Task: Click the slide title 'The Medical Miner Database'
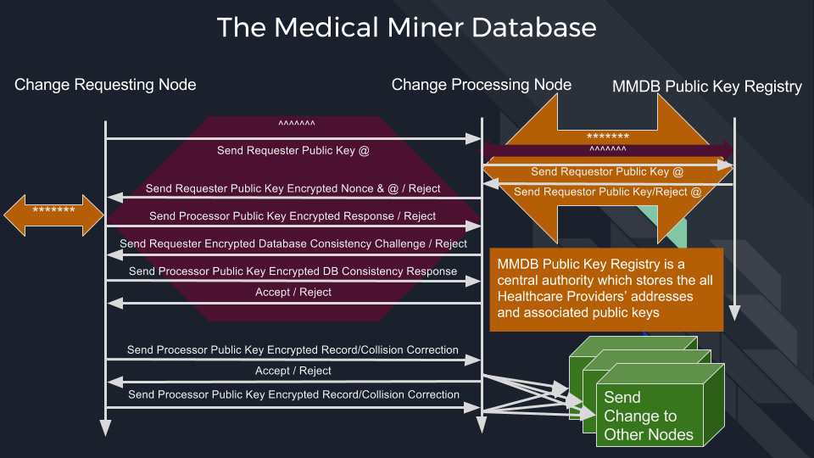pyautogui.click(x=406, y=27)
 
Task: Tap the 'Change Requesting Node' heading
pyautogui.click(x=105, y=85)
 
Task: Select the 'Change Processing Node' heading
pyautogui.click(x=482, y=85)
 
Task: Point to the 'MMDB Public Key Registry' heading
pyautogui.click(x=707, y=87)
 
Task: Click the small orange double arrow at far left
pyautogui.click(x=53, y=215)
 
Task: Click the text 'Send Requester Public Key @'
pyautogui.click(x=293, y=151)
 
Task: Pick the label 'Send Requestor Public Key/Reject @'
pyautogui.click(x=607, y=193)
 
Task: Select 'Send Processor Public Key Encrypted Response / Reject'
pyautogui.click(x=293, y=216)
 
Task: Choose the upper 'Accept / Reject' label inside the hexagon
pyautogui.click(x=293, y=293)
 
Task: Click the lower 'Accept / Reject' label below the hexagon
pyautogui.click(x=293, y=371)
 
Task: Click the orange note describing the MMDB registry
pyautogui.click(x=606, y=290)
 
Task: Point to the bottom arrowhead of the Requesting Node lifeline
pyautogui.click(x=105, y=427)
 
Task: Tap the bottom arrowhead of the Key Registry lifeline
pyautogui.click(x=734, y=313)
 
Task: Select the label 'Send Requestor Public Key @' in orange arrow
pyautogui.click(x=607, y=172)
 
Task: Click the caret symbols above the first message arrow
pyautogui.click(x=297, y=124)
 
